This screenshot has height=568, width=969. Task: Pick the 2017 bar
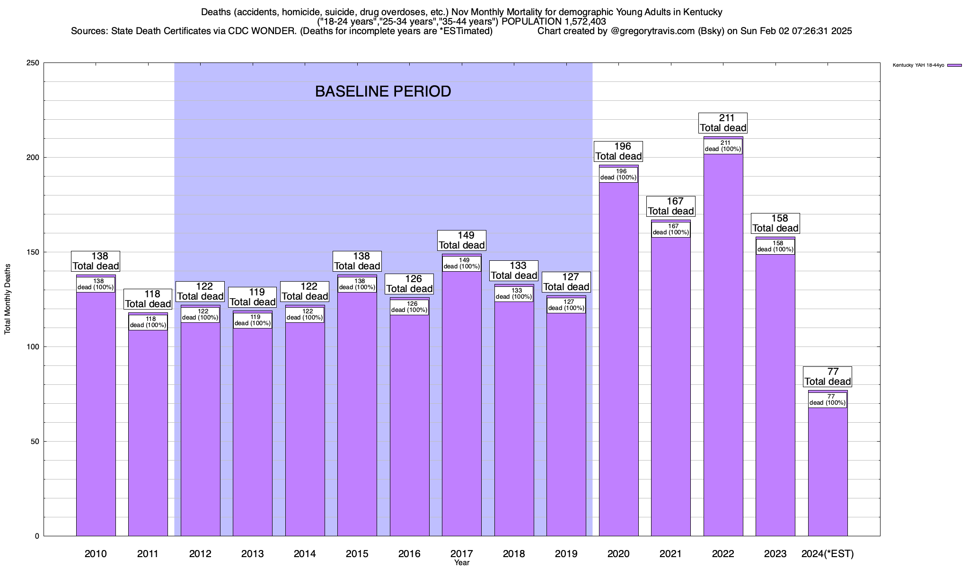[462, 402]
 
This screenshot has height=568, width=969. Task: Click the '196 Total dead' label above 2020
[619, 151]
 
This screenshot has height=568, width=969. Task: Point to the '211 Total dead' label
[723, 123]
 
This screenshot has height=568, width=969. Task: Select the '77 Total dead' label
[828, 377]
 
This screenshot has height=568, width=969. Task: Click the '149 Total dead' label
[462, 240]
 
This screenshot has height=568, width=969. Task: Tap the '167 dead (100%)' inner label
[671, 230]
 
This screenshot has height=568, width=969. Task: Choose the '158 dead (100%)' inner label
[775, 247]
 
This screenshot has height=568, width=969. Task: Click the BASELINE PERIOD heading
[383, 91]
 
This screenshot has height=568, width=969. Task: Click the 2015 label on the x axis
[357, 553]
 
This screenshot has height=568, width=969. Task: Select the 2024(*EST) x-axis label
[828, 553]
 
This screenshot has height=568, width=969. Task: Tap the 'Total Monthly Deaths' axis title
[8, 299]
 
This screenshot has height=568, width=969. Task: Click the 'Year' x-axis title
[462, 563]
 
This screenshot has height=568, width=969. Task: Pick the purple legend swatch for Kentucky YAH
[954, 65]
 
